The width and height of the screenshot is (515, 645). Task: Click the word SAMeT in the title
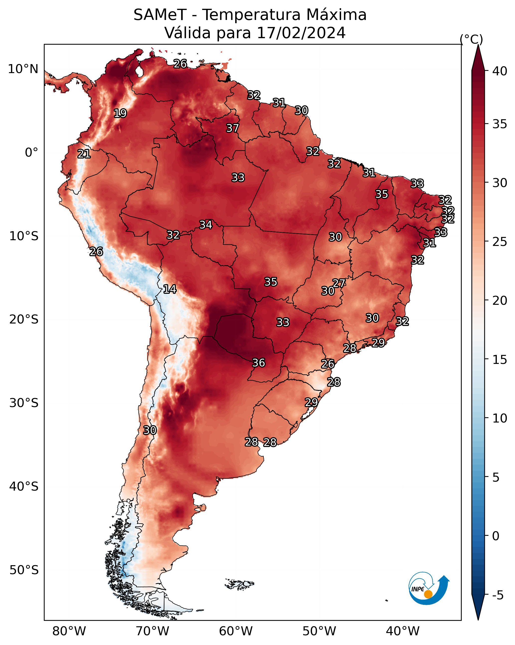pos(160,15)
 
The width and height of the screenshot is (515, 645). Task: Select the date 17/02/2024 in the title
pos(301,33)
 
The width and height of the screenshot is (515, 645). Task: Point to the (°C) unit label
pos(471,39)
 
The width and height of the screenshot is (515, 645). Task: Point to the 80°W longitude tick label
pos(69,631)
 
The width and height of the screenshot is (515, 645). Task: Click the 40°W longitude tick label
pos(403,631)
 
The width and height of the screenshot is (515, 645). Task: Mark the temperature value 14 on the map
pos(170,289)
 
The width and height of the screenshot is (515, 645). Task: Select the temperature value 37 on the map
pos(232,128)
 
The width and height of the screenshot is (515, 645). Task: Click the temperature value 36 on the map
pos(259,363)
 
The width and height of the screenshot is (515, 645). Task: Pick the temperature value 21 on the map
pos(84,154)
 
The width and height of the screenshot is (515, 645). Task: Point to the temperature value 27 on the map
pos(339,283)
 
